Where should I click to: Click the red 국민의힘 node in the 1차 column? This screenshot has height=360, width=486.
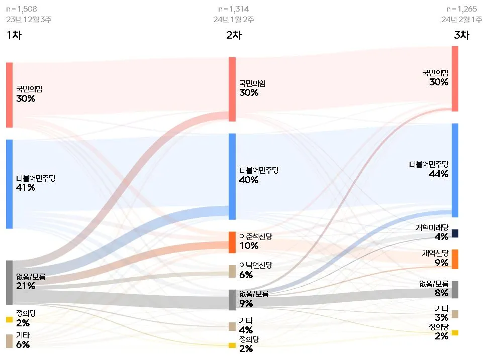point(9,95)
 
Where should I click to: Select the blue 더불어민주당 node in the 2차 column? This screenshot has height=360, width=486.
point(232,176)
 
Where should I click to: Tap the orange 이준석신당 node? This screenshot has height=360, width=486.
point(232,242)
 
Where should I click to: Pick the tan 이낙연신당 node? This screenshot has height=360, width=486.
point(232,271)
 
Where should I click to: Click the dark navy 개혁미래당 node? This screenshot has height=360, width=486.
point(455,233)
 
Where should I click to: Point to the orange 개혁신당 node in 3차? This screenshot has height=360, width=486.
point(455,259)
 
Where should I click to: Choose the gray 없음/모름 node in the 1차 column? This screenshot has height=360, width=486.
point(9,282)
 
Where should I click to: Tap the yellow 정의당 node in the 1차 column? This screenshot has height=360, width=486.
point(9,319)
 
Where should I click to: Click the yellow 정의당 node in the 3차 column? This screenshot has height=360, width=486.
point(455,332)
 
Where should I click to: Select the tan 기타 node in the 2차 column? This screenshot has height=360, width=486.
point(232,326)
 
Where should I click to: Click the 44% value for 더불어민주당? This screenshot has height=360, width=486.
point(438,174)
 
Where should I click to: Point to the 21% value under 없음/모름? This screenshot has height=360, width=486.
point(26,286)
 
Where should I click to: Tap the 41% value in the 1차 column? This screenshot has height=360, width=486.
point(26,187)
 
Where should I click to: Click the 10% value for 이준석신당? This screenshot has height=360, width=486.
point(249,246)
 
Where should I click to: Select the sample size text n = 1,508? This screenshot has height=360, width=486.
point(22,9)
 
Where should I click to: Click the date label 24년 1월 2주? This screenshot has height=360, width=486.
point(234,20)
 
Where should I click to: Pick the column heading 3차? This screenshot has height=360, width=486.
point(461,35)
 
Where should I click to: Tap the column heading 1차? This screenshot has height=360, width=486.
point(14,35)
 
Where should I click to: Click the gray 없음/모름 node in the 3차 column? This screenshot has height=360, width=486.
point(455,290)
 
